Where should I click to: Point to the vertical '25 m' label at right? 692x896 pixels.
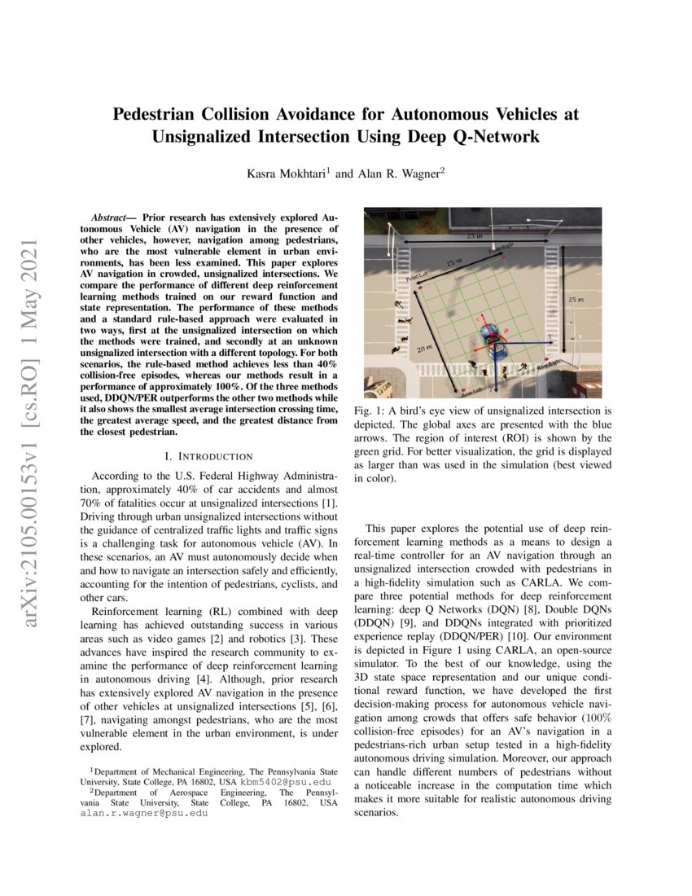575,300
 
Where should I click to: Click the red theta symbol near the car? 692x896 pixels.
509,332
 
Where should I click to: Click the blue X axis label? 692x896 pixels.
551,336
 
